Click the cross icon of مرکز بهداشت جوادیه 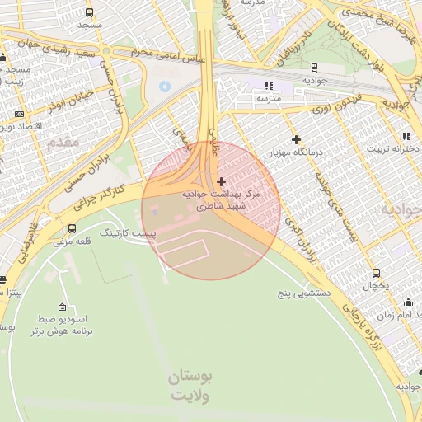pyautogui.click(x=220, y=181)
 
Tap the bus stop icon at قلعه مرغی pyautogui.click(x=72, y=228)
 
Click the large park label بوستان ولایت pyautogui.click(x=190, y=386)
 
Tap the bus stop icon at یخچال pyautogui.click(x=377, y=273)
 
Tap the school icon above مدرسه pyautogui.click(x=269, y=86)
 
